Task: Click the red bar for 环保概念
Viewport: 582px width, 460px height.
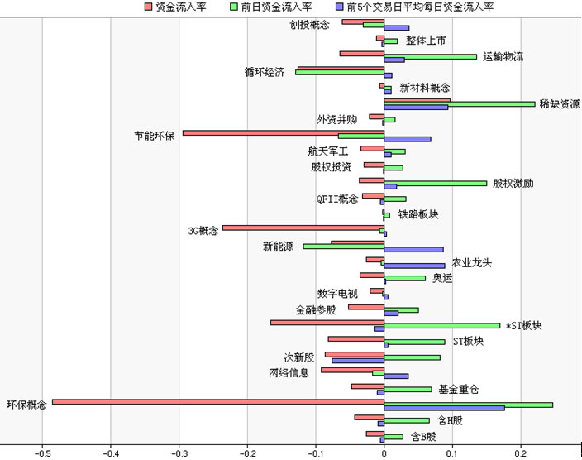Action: [x=218, y=401]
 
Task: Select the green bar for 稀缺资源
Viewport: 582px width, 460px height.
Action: [x=460, y=103]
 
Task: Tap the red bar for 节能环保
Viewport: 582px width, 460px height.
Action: [x=283, y=132]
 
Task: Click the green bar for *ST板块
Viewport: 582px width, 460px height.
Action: [x=442, y=325]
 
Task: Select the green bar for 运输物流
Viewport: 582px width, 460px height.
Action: [x=431, y=56]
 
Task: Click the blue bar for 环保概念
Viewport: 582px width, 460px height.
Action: [x=444, y=408]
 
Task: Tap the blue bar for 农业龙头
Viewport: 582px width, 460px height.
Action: [x=414, y=266]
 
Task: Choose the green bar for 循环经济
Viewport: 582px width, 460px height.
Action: [x=340, y=73]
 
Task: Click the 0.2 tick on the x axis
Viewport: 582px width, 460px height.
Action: [x=520, y=453]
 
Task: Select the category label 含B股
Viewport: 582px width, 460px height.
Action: [x=423, y=436]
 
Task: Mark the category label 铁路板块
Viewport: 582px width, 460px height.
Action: [x=418, y=215]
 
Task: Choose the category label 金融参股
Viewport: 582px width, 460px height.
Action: [x=316, y=310]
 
